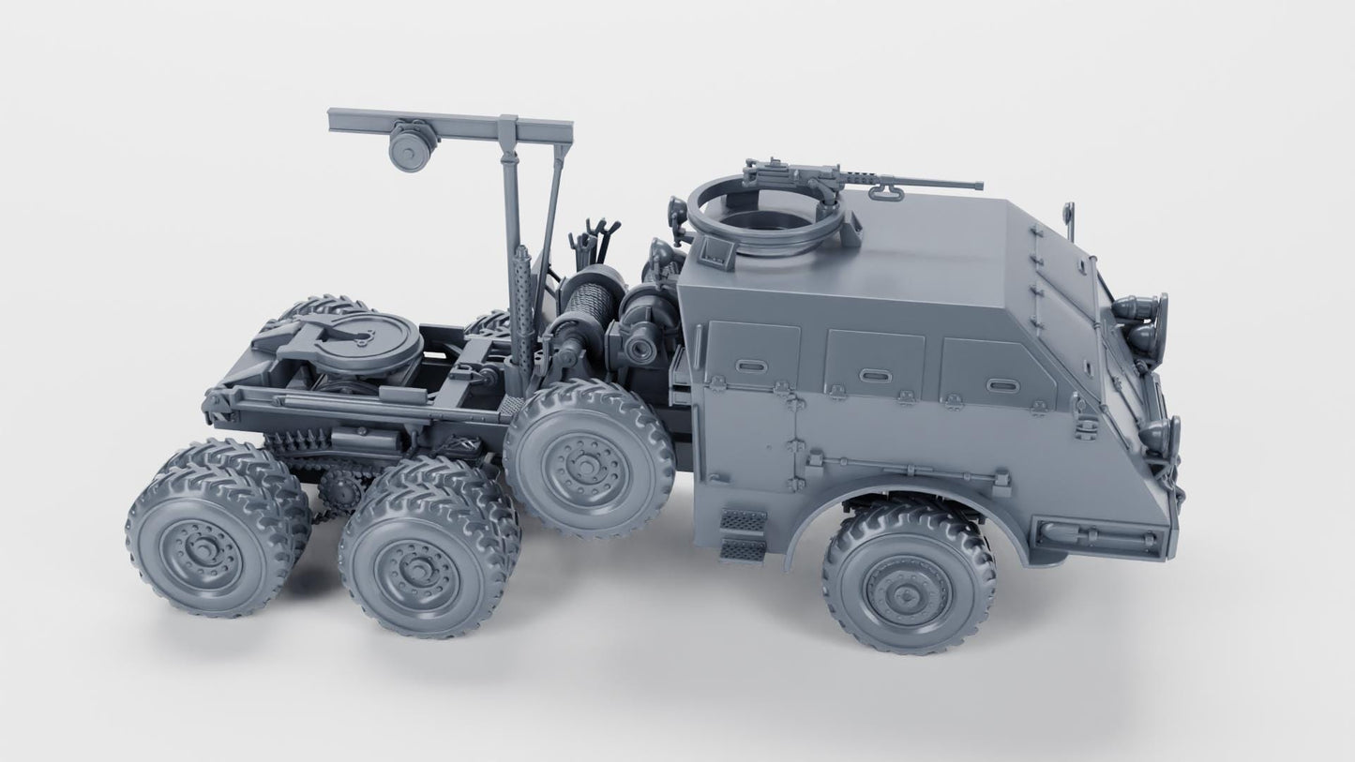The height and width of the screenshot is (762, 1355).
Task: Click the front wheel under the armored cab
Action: (x=909, y=576)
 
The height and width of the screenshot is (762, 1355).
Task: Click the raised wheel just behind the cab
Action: (x=589, y=456)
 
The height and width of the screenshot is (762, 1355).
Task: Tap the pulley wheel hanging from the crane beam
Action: (x=412, y=146)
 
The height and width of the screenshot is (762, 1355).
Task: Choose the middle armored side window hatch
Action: (x=874, y=365)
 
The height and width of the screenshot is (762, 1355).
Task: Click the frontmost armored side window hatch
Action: (x=997, y=375)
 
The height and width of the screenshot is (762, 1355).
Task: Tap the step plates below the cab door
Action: (x=743, y=534)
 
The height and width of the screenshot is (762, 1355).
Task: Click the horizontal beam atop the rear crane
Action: (x=450, y=121)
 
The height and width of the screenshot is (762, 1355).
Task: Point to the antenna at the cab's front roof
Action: (x=1070, y=218)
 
